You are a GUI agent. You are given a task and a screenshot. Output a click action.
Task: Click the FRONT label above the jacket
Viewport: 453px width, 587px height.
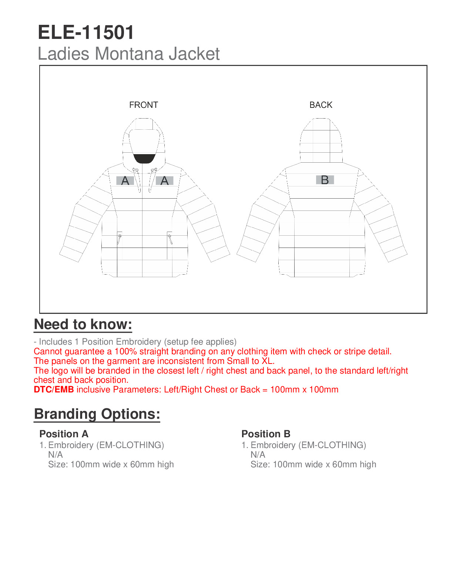pos(144,105)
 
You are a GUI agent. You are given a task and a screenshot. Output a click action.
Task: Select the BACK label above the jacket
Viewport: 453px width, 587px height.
pos(321,105)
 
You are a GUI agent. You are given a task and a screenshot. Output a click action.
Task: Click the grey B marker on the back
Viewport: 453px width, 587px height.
pos(325,180)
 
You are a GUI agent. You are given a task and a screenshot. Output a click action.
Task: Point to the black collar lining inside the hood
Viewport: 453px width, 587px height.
pos(144,159)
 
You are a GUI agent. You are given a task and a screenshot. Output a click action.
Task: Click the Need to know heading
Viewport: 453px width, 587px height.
pos(83,324)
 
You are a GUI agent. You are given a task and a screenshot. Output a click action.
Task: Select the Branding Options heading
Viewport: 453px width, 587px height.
pos(97,414)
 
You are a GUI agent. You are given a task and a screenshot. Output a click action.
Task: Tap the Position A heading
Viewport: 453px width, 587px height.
pos(64,434)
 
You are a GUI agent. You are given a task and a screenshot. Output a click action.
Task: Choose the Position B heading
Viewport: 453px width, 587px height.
pos(266,434)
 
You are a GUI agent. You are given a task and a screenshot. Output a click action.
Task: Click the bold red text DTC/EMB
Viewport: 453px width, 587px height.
pos(54,390)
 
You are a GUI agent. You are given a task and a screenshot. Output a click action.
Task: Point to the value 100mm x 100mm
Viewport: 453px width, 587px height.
pos(304,390)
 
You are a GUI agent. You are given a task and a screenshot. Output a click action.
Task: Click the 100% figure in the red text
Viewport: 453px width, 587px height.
pos(125,351)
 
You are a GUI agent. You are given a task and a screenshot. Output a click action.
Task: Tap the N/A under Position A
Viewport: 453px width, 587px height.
pos(56,455)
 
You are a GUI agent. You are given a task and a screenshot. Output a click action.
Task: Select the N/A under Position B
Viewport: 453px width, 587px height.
pos(258,455)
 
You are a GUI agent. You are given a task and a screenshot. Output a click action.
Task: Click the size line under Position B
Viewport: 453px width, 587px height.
pos(313,464)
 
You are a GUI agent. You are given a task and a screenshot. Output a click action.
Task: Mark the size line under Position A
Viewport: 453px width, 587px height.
pos(111,464)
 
